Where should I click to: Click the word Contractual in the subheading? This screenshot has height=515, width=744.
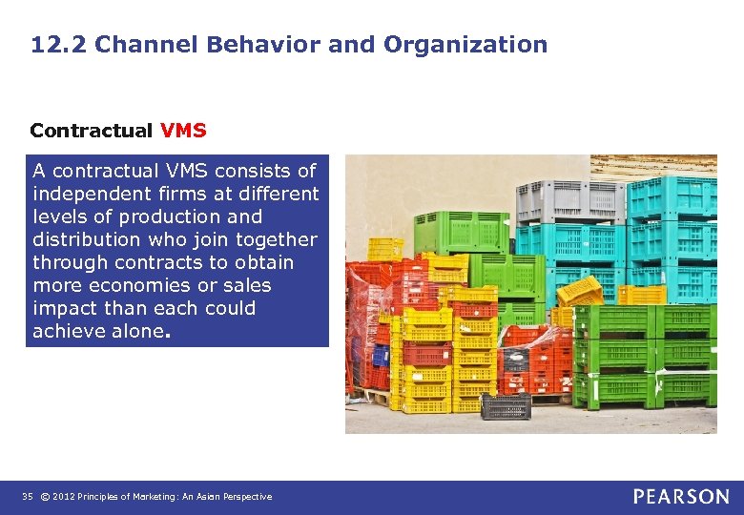point(91,130)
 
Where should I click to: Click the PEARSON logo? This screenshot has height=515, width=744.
point(680,496)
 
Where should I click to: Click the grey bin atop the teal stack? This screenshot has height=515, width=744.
point(569,201)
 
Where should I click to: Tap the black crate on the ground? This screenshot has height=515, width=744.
point(506,406)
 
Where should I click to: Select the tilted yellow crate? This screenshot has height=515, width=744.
point(580,292)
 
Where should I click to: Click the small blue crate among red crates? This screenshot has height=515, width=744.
point(381,356)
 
